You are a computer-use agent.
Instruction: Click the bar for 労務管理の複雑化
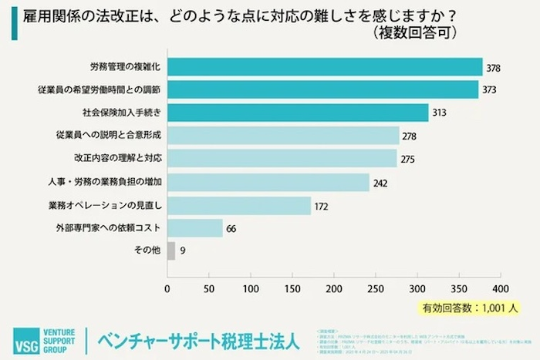(324, 67)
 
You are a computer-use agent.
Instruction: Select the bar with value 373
(322, 90)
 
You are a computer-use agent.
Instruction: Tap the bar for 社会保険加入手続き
(297, 113)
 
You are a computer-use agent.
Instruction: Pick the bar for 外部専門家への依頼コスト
(194, 228)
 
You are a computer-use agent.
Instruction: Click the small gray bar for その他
(170, 251)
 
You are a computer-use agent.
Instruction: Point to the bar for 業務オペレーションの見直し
(238, 205)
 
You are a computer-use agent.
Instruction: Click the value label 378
(494, 68)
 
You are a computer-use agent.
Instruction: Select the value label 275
(409, 160)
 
